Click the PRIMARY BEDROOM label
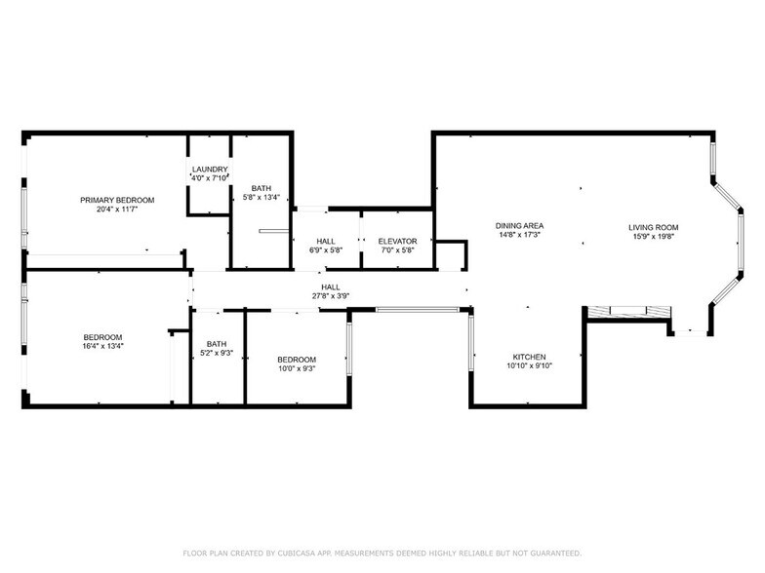[x=117, y=200]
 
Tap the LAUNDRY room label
[x=209, y=169]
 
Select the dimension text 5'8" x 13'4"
[x=262, y=197]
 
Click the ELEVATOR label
[x=397, y=241]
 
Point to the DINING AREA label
[x=519, y=226]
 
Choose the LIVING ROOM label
[x=653, y=227]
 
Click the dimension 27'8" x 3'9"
[x=331, y=295]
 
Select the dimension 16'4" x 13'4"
[x=102, y=345]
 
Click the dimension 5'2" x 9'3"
[x=217, y=352]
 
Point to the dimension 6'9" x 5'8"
[x=326, y=249]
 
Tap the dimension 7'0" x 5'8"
[x=397, y=249]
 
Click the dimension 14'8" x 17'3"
[x=519, y=235]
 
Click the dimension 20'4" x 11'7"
[x=117, y=209]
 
